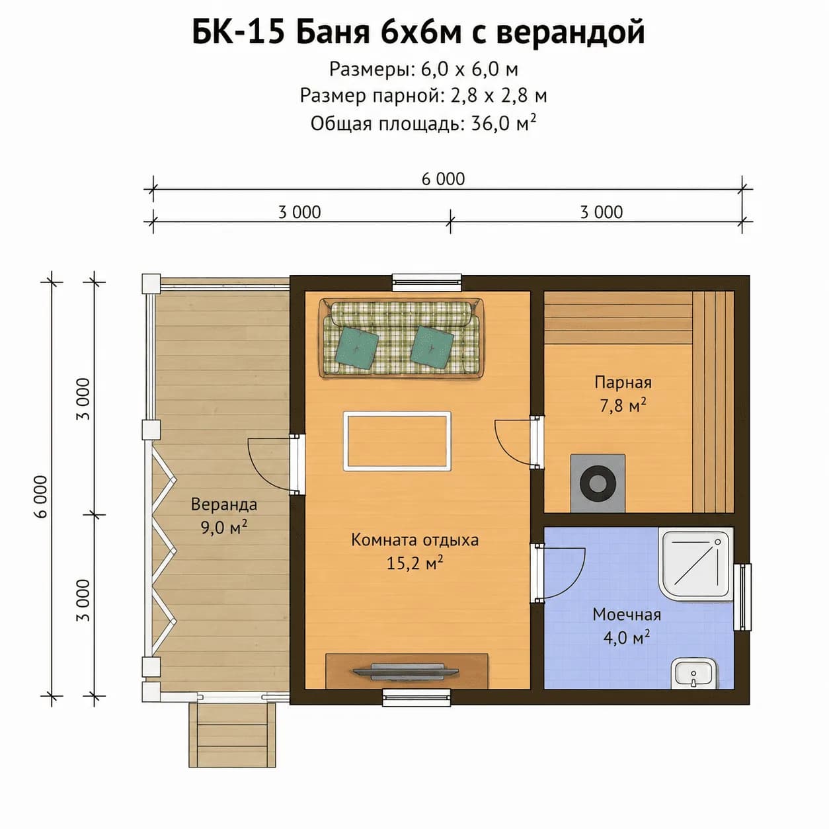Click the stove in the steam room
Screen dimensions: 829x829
click(x=598, y=483)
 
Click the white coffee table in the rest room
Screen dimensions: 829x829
click(x=397, y=441)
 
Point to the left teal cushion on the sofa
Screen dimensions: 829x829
click(x=356, y=347)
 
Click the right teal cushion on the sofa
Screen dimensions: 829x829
click(x=432, y=347)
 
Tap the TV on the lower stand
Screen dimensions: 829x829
click(x=405, y=671)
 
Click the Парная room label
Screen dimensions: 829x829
click(x=623, y=382)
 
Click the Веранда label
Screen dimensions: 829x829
click(x=223, y=504)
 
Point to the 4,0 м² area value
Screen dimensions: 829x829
click(x=626, y=637)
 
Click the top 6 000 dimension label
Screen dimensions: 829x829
click(x=443, y=179)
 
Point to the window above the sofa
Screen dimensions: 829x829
click(x=426, y=282)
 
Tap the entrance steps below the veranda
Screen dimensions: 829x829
click(x=232, y=734)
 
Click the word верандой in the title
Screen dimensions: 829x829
click(x=571, y=32)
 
